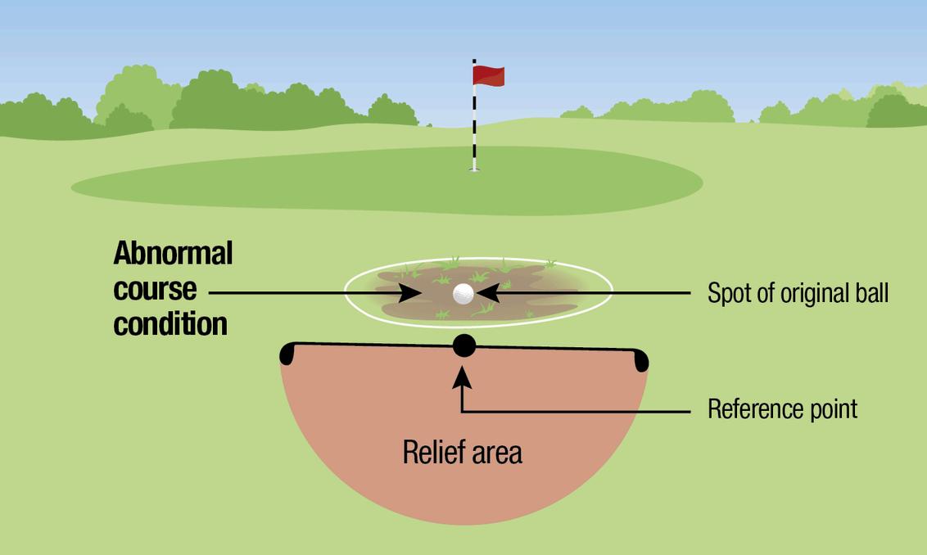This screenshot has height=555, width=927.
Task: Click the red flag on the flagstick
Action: (489, 75)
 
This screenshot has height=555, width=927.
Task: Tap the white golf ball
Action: (463, 293)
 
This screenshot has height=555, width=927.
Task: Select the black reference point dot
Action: (464, 345)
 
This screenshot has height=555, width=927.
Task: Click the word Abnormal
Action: (173, 254)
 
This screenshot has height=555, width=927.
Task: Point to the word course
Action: (155, 289)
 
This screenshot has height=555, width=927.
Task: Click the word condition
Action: (170, 324)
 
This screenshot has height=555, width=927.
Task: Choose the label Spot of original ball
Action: (798, 293)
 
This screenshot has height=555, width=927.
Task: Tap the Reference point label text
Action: (782, 408)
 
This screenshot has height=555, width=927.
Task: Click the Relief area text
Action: (462, 453)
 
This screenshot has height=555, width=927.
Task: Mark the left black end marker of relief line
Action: (287, 354)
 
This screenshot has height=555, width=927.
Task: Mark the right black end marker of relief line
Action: (641, 359)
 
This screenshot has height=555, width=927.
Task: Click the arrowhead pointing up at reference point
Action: (463, 376)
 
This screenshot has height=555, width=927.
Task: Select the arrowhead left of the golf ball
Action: (413, 292)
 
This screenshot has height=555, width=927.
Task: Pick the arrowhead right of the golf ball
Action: (485, 292)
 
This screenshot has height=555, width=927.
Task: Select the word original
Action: (808, 294)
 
